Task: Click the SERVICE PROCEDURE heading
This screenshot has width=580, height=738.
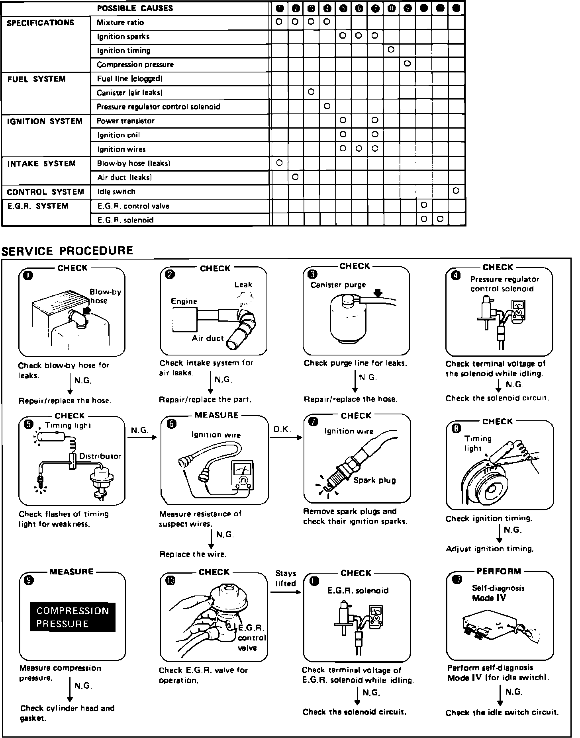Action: click(67, 251)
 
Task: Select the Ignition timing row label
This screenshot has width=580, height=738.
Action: click(123, 51)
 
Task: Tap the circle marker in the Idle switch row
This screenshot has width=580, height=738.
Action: click(456, 191)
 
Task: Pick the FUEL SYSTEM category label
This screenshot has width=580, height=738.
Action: click(36, 79)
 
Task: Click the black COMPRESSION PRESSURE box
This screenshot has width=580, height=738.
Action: click(72, 617)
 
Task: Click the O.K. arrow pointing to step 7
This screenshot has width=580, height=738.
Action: click(286, 437)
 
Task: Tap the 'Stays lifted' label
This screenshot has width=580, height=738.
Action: click(286, 578)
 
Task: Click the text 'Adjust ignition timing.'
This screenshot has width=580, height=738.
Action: click(490, 549)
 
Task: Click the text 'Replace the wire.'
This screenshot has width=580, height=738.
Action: click(192, 554)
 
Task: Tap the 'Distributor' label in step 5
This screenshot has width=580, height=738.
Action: click(100, 456)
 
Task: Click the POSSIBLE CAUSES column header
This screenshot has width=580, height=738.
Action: click(135, 8)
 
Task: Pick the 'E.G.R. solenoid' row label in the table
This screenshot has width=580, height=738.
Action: click(125, 220)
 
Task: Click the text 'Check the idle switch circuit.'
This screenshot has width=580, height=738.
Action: click(502, 713)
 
